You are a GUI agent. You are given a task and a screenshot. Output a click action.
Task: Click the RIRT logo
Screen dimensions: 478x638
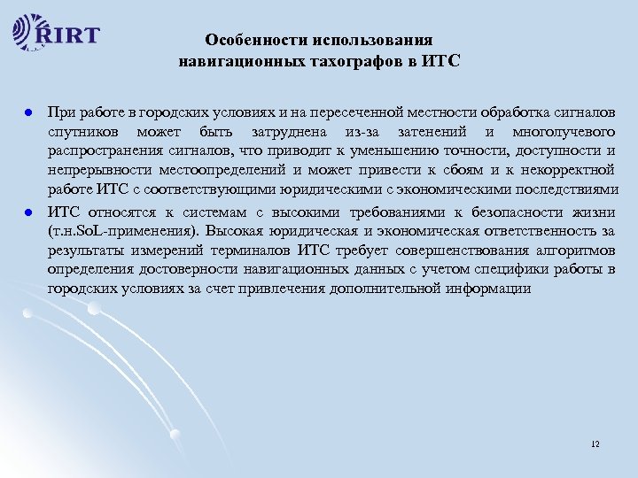(58, 35)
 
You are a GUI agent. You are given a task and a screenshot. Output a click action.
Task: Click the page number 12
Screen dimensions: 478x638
(594, 442)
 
